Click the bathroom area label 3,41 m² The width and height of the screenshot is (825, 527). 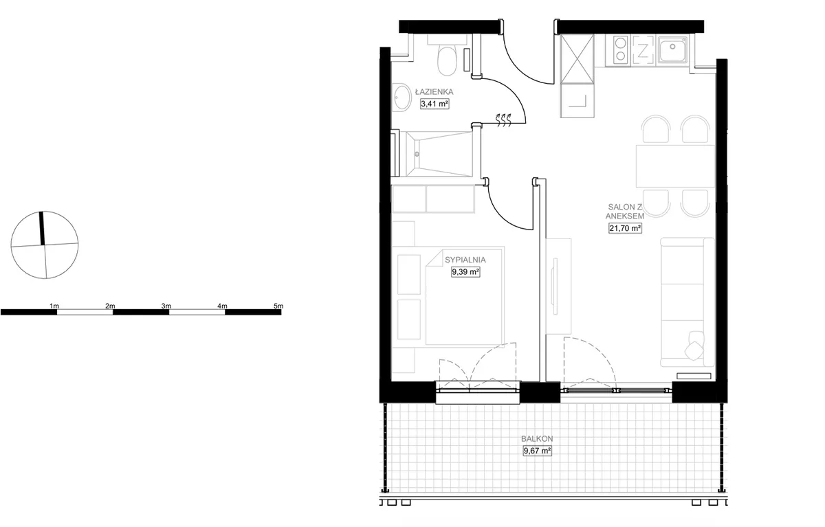[x=434, y=104]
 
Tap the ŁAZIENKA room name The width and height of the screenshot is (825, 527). [x=434, y=91]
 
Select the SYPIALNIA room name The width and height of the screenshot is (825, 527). [x=465, y=260]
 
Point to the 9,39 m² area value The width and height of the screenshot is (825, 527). [x=465, y=272]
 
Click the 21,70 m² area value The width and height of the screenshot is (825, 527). [x=625, y=228]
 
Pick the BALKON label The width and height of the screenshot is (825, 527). [x=537, y=438]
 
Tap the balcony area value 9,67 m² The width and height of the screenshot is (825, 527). [x=538, y=451]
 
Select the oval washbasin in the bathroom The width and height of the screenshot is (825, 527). [x=401, y=97]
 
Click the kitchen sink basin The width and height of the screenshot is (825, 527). [x=673, y=50]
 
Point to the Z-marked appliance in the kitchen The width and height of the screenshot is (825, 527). [x=643, y=50]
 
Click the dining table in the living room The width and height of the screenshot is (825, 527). [x=675, y=166]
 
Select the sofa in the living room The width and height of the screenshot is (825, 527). [x=687, y=302]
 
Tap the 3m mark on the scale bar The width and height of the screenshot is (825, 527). [x=166, y=306]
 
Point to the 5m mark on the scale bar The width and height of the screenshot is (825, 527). [x=278, y=306]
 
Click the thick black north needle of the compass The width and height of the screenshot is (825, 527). [x=42, y=228]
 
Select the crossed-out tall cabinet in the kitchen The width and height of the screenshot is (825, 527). [x=577, y=59]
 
